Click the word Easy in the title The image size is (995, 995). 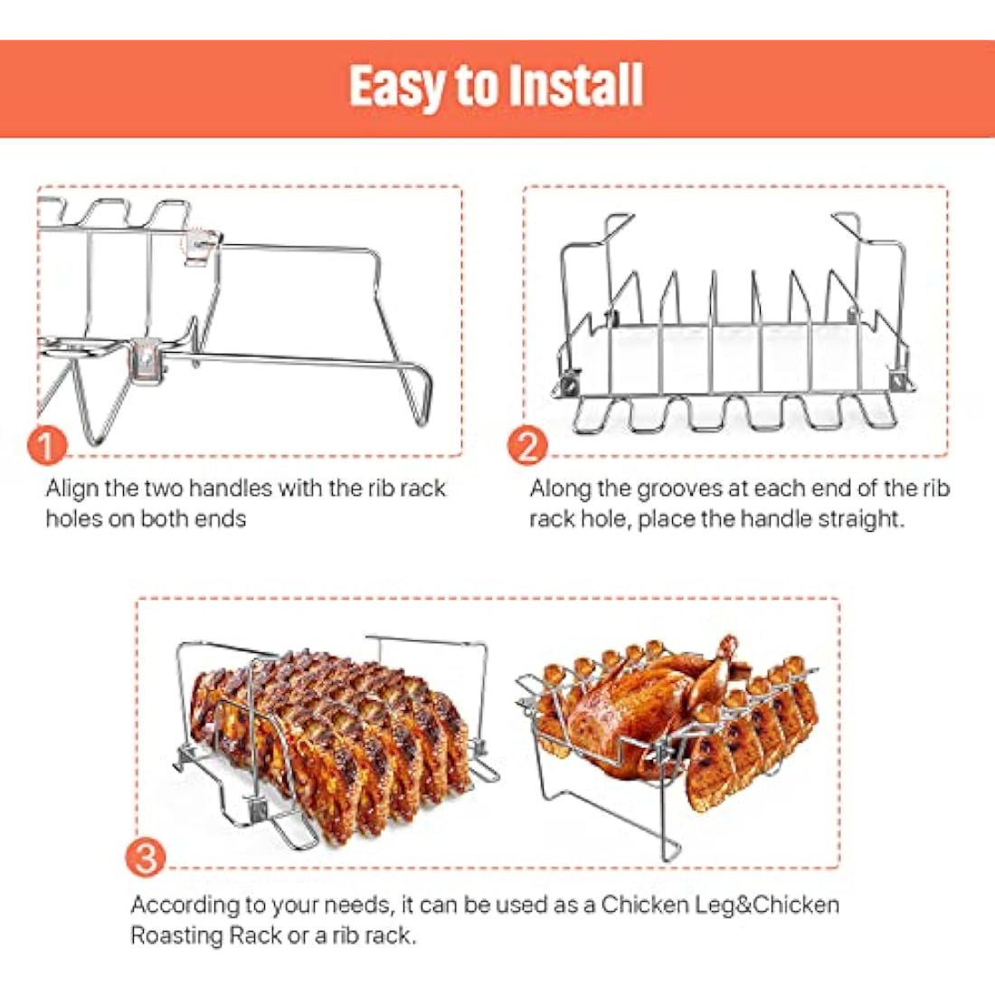tap(398, 86)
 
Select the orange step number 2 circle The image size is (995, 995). tap(527, 445)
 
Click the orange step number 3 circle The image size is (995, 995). tap(146, 856)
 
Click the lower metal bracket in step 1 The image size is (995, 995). tap(146, 359)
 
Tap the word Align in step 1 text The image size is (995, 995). tap(72, 488)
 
